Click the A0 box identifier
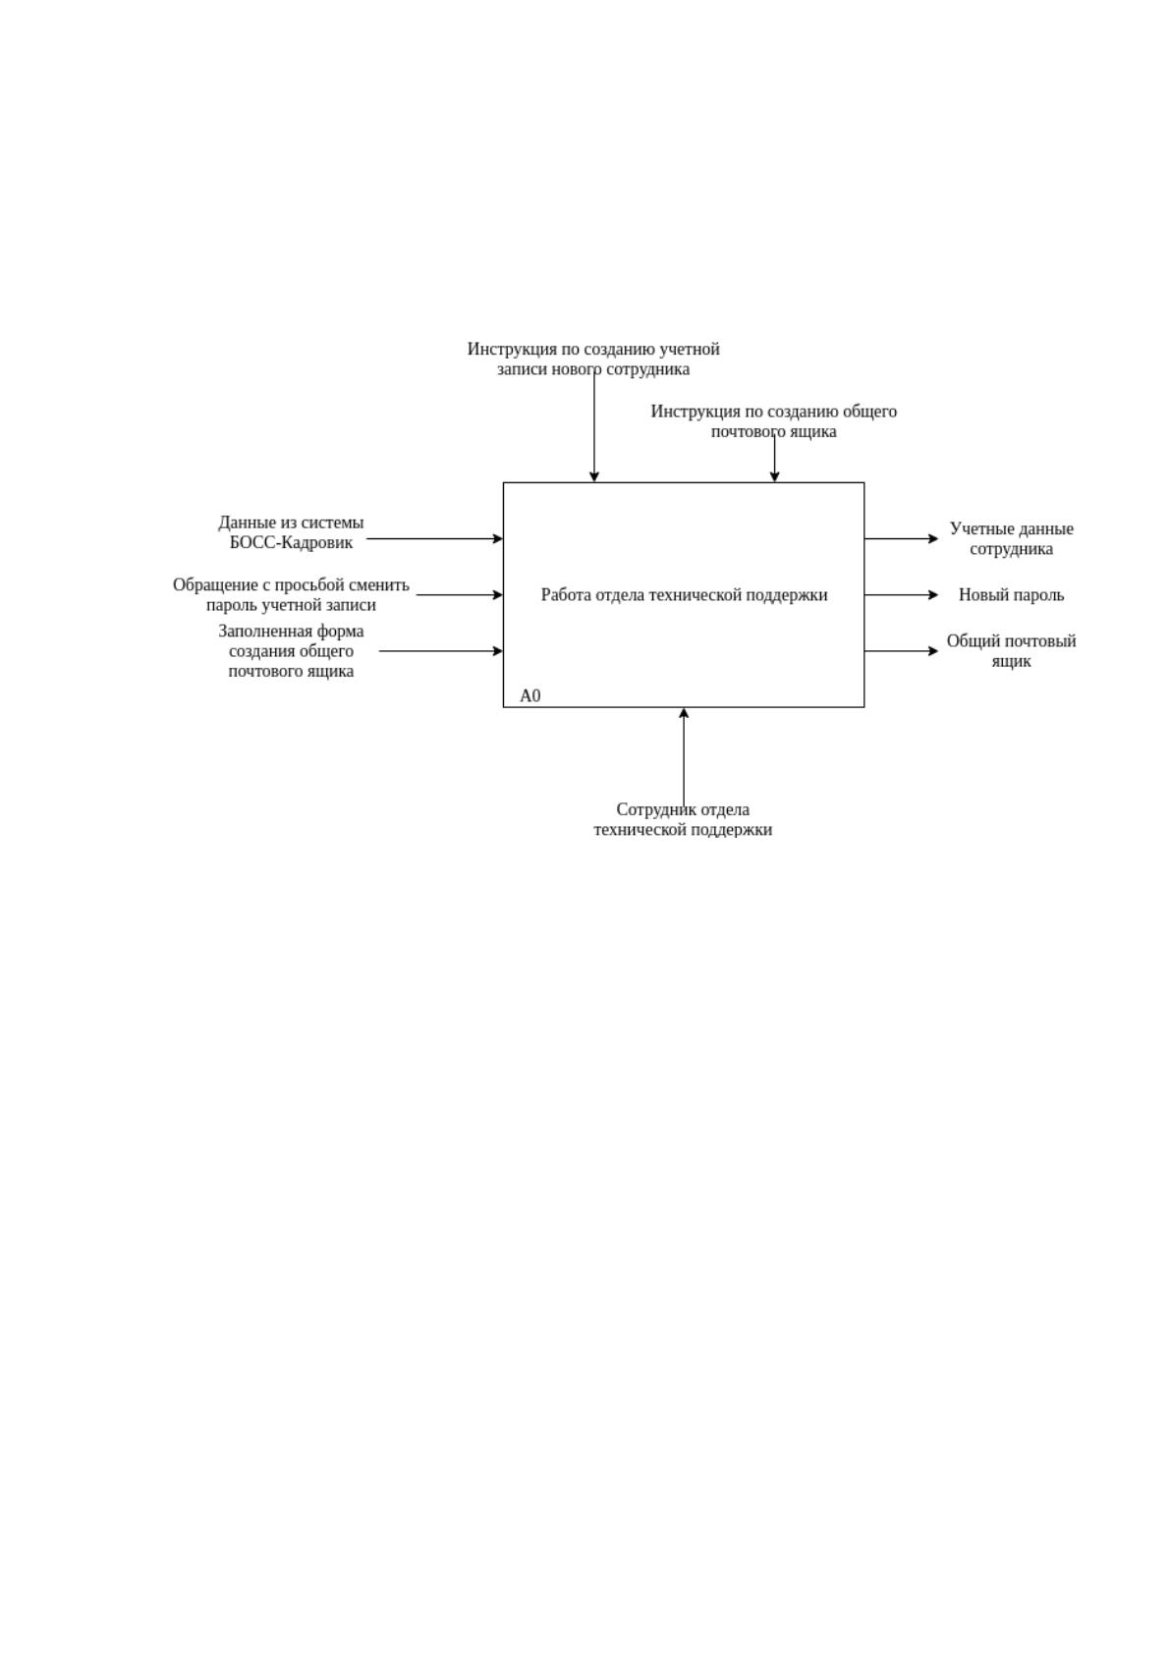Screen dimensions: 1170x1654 (x=529, y=695)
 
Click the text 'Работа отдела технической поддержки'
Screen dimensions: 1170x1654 (x=684, y=595)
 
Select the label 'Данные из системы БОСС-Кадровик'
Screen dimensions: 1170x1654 (x=291, y=532)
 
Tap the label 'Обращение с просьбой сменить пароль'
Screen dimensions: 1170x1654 (x=291, y=595)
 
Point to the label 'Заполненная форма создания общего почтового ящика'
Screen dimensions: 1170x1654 (x=291, y=651)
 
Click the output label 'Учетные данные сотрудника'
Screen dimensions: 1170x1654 (x=1011, y=539)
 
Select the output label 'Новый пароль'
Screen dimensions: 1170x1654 (x=1011, y=595)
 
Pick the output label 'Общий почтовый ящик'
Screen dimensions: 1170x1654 (x=1011, y=651)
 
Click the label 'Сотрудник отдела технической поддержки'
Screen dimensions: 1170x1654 (x=684, y=819)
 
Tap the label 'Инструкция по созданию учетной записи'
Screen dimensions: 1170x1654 (x=594, y=358)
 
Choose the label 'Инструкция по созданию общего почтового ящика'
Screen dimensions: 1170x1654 (x=774, y=421)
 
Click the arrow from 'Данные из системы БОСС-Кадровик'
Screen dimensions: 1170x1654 (x=435, y=539)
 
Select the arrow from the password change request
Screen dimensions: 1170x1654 (x=460, y=595)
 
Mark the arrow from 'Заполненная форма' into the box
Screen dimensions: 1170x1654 (x=441, y=651)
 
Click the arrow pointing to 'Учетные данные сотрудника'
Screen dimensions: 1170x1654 (x=901, y=539)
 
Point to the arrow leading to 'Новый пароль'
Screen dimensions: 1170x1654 (x=901, y=595)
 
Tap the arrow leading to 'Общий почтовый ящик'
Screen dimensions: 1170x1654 (x=901, y=651)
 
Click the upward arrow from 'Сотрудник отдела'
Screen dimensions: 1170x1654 (x=684, y=757)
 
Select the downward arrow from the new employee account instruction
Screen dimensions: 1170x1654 (x=594, y=427)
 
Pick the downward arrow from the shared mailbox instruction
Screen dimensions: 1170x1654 (x=774, y=459)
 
